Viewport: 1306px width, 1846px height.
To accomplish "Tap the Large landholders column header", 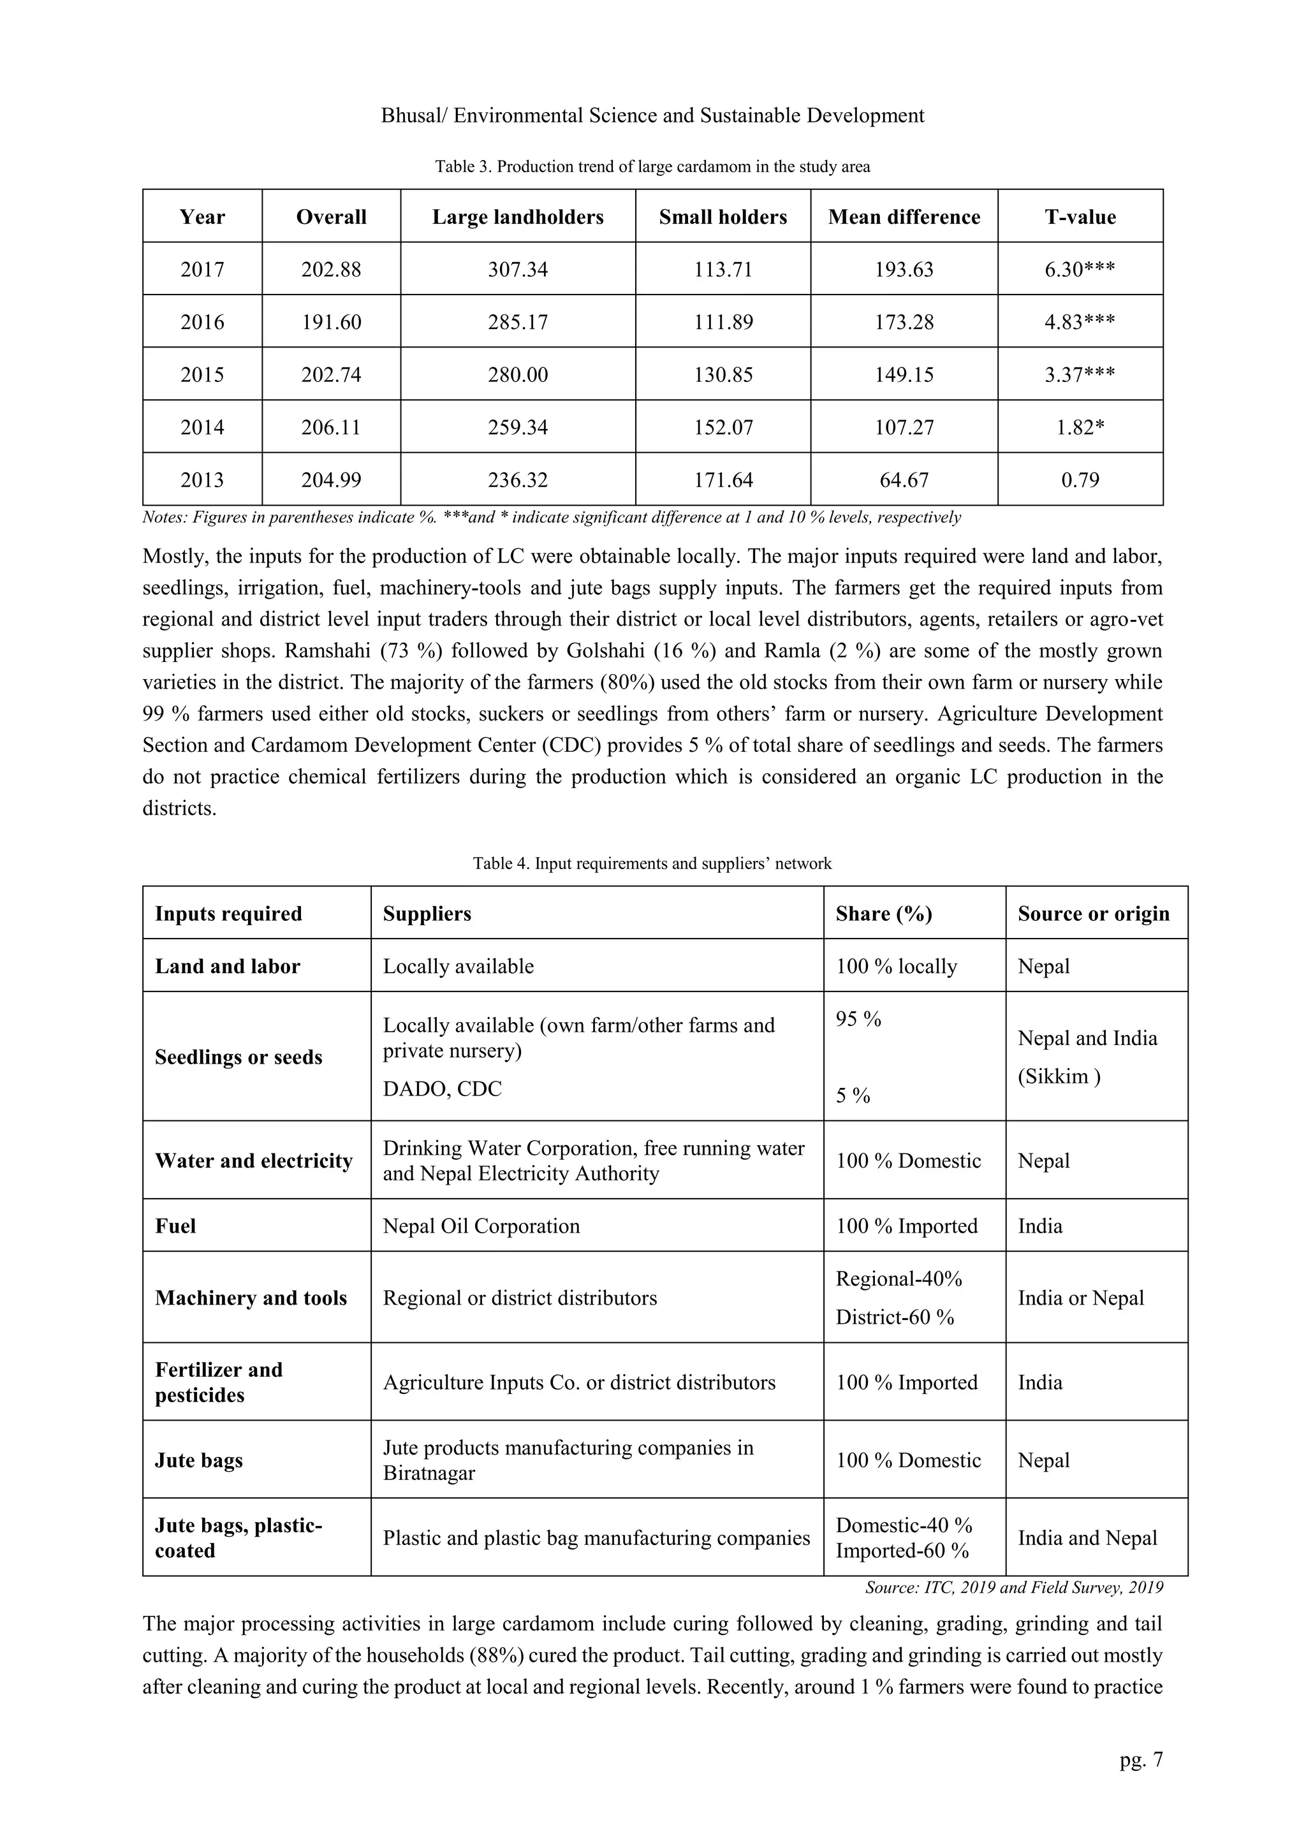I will [x=517, y=217].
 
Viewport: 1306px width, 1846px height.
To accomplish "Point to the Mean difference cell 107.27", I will [x=904, y=427].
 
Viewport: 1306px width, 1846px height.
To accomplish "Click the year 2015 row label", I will [x=202, y=375].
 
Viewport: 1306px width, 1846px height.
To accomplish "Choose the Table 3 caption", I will [x=652, y=166].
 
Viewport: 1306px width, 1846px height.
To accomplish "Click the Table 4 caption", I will [x=652, y=863].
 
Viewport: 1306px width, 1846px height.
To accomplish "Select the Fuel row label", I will [x=175, y=1226].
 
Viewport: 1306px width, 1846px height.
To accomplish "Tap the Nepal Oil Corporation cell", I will [x=481, y=1226].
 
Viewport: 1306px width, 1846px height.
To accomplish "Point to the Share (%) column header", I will [x=883, y=914].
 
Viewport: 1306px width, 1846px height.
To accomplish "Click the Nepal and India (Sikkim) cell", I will [x=1087, y=1057].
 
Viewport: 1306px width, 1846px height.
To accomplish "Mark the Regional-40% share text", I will [x=899, y=1279].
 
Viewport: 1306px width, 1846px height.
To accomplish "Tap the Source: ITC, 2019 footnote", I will [x=1013, y=1588].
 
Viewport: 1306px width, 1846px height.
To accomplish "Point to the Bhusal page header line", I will [x=652, y=116].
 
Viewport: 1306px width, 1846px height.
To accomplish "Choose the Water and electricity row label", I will [x=253, y=1161].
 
